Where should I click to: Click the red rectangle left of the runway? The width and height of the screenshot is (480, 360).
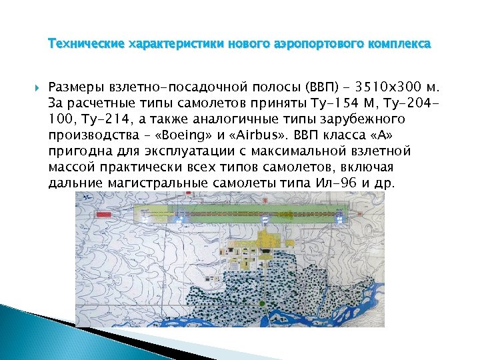[103, 215]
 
